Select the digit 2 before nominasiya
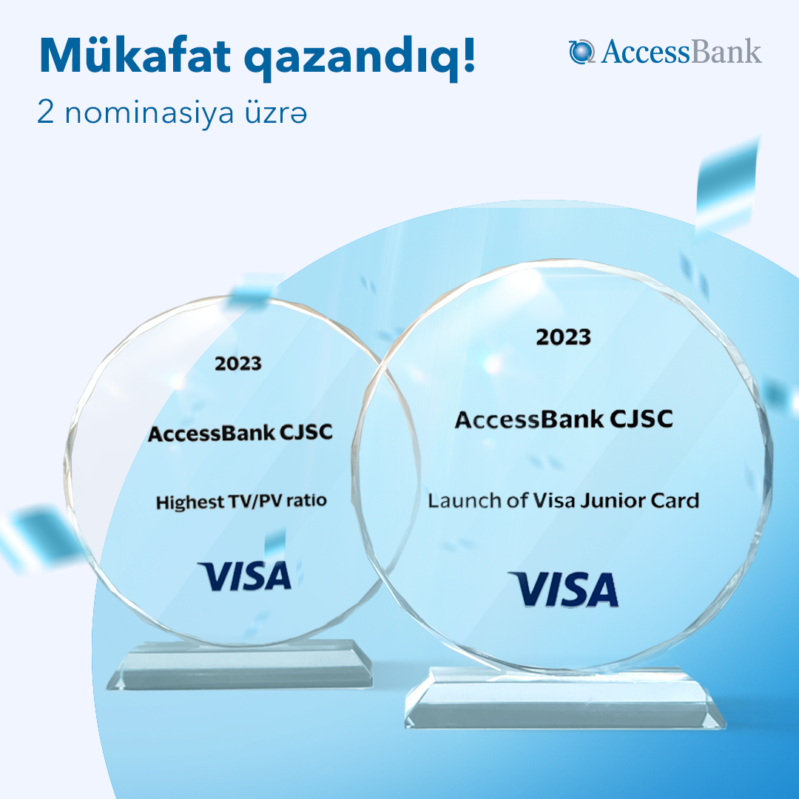click(x=45, y=112)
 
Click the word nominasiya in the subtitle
click(x=149, y=114)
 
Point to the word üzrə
click(x=276, y=113)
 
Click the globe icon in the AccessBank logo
click(x=581, y=52)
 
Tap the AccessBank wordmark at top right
click(x=681, y=52)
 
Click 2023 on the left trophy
click(x=238, y=364)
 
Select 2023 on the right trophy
click(x=564, y=337)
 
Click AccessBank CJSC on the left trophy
click(x=240, y=433)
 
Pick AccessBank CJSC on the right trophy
click(x=564, y=419)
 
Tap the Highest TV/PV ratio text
click(x=241, y=502)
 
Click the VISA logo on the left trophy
click(x=245, y=576)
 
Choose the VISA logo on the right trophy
click(x=564, y=589)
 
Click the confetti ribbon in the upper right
click(x=726, y=189)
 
